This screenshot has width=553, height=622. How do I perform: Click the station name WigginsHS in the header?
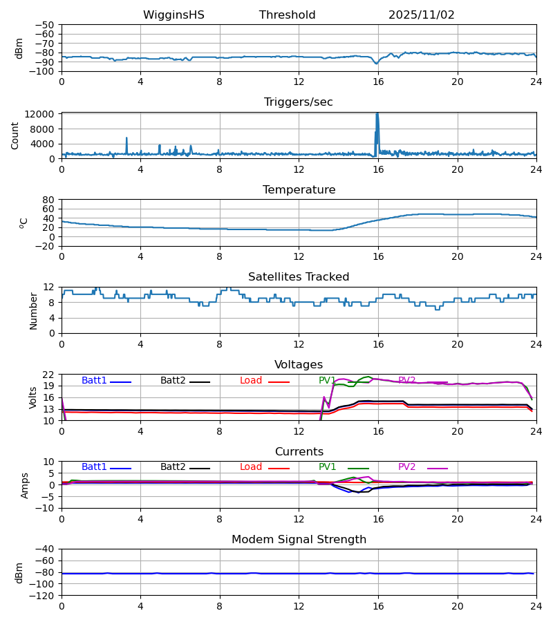point(174,15)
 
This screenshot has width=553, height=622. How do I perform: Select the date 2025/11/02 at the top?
point(421,15)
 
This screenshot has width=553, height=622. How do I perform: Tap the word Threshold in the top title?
point(287,15)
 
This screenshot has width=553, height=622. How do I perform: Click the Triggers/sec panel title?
point(299,102)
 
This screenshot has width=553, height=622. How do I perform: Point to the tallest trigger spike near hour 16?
point(377,114)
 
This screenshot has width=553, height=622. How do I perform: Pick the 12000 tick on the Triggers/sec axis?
point(43,114)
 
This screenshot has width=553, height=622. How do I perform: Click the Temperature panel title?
point(299,190)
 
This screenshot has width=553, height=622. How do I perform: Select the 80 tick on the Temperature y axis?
point(49,200)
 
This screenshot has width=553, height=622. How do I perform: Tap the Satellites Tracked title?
point(299,277)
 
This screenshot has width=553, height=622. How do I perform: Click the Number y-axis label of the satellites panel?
point(34,310)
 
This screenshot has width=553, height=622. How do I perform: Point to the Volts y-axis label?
point(34,397)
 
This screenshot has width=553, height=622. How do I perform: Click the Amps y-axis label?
point(26,484)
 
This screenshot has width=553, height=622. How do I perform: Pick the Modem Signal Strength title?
point(299,540)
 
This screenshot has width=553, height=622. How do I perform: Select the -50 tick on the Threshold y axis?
point(46,25)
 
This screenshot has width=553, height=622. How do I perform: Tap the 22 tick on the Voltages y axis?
point(49,375)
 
